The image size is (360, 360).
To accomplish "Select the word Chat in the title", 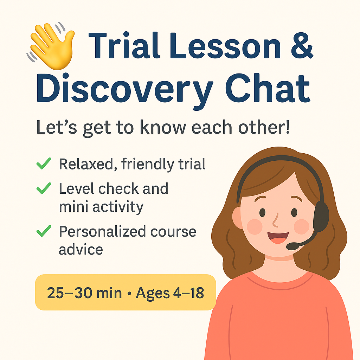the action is [x=268, y=88].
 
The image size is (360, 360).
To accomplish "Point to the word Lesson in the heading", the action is [x=225, y=46].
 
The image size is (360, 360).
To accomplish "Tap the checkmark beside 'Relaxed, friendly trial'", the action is [x=44, y=163].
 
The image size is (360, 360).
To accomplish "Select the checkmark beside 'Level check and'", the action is [x=44, y=188].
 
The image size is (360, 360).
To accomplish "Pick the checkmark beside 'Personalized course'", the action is [x=44, y=231].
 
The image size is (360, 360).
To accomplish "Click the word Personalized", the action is [x=102, y=231].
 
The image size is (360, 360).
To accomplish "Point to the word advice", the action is [x=81, y=249].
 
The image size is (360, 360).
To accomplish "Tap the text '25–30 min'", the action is [x=84, y=293].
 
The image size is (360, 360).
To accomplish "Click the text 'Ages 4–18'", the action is [x=170, y=293].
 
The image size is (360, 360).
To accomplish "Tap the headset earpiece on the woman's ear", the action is [x=321, y=216].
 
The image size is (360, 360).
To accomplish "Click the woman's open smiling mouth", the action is [x=278, y=237].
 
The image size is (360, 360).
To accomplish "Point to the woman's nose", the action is [x=276, y=220].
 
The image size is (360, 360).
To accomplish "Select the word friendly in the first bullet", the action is [x=147, y=164].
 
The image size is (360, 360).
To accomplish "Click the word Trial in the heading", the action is [x=124, y=45].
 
